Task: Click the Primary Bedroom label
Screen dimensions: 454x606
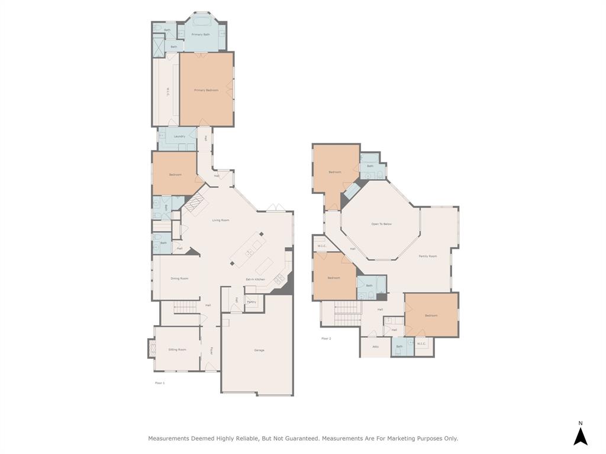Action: (207, 90)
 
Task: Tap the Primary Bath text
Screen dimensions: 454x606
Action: (201, 34)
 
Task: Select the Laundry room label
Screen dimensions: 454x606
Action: (179, 137)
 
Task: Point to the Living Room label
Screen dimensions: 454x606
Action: (221, 220)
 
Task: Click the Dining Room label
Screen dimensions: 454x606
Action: (179, 278)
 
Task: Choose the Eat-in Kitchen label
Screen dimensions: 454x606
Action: (256, 279)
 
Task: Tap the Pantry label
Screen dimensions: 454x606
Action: (252, 302)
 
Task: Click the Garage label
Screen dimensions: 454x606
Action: (259, 350)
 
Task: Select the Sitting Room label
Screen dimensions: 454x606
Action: (177, 349)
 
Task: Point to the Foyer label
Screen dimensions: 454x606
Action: (211, 350)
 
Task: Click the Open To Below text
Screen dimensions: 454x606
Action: (382, 224)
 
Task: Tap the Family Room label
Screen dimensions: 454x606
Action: (428, 256)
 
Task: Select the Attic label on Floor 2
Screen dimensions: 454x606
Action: (375, 346)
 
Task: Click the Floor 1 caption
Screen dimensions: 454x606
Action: (160, 383)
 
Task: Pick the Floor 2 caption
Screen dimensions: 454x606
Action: (326, 339)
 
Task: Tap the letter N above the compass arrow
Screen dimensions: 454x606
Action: (581, 423)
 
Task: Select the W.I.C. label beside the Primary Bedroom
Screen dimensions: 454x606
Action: (168, 93)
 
